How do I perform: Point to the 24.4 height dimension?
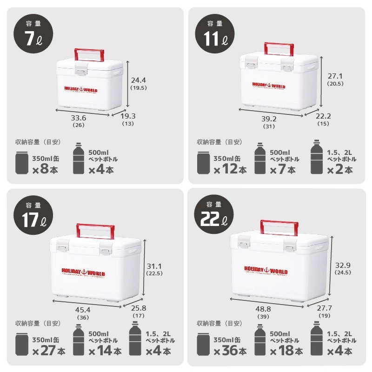[139, 80]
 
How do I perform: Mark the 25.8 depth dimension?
[139, 309]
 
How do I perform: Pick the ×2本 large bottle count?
[339, 170]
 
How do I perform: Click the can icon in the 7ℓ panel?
[22, 163]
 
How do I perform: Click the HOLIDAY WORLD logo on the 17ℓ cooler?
[83, 272]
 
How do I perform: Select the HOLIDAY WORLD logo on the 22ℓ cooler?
[266, 270]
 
